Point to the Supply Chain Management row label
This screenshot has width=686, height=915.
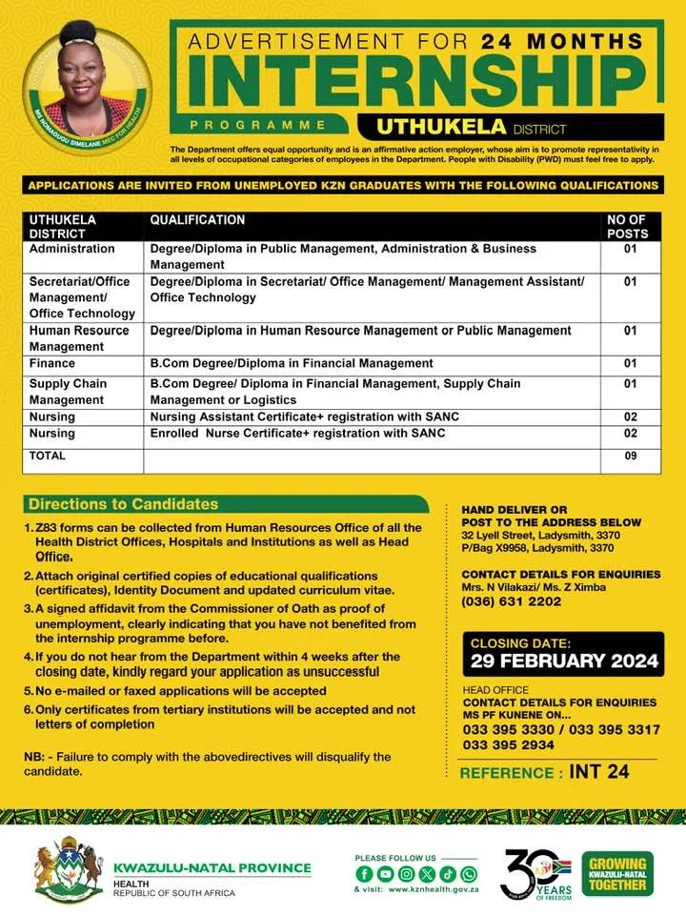pos(68,392)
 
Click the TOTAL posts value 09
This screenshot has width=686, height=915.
pos(629,457)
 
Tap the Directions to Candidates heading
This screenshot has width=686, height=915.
pos(123,504)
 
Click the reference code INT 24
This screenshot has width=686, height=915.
pos(599,771)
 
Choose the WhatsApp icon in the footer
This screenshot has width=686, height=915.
pos(469,874)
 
